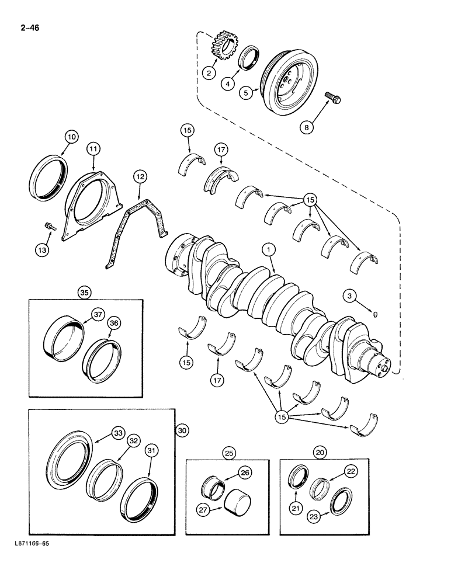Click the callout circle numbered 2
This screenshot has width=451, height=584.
point(209,73)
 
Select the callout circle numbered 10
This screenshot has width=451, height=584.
point(71,137)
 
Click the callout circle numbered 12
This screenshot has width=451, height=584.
point(139,175)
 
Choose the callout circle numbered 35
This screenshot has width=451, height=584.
point(85,292)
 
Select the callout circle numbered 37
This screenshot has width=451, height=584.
point(97,316)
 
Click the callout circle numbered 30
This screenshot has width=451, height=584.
point(182,430)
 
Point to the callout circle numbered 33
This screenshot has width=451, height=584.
point(119,433)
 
